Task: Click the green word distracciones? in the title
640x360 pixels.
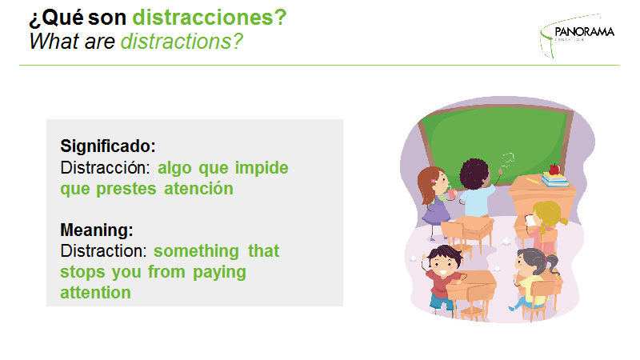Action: [x=210, y=18]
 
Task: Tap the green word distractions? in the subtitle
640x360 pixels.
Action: [x=182, y=42]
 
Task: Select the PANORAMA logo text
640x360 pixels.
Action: [x=585, y=32]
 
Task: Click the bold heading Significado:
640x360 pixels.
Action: [x=108, y=146]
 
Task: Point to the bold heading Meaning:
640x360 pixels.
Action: [x=97, y=230]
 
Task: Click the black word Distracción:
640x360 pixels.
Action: [x=106, y=168]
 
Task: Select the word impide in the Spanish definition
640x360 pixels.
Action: [x=262, y=168]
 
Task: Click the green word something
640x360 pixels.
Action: [x=196, y=251]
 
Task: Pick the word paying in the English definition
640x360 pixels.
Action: [x=219, y=273]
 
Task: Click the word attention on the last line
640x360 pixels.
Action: [x=95, y=293]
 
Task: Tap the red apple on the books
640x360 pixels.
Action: [x=554, y=169]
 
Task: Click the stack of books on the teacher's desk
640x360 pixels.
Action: [x=554, y=179]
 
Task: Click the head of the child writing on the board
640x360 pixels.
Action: [x=474, y=174]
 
